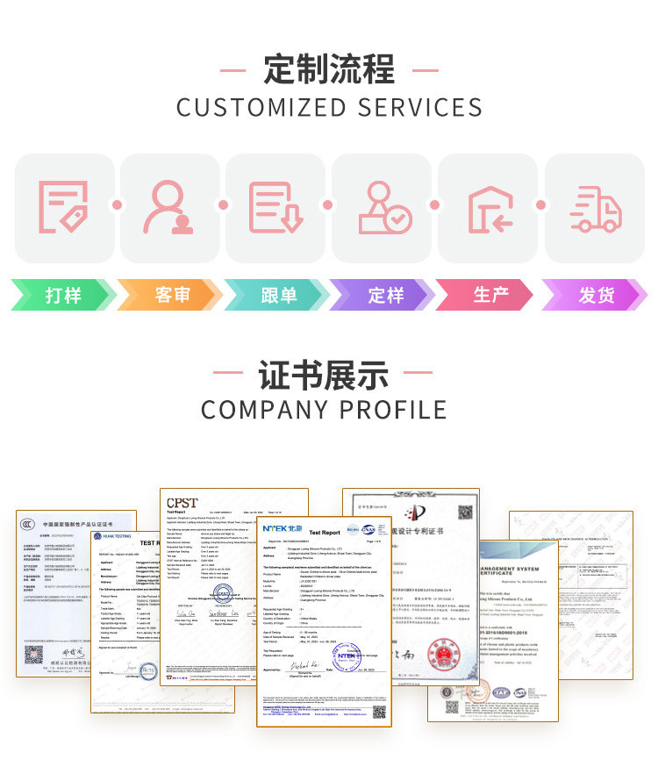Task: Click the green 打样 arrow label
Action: pos(63,295)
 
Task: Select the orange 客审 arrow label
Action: pos(172,295)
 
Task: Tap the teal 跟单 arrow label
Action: pos(278,295)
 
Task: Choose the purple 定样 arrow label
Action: pos(385,295)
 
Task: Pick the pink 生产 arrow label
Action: pos(491,295)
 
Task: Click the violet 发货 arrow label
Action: pos(597,295)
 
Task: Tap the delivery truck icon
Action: pos(595,208)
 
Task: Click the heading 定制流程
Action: pos(329,69)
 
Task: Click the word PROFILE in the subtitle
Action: pos(392,409)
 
